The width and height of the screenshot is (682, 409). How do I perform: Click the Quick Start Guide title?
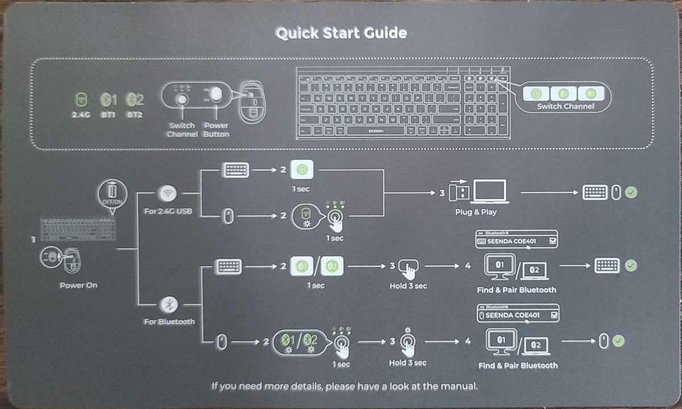click(341, 33)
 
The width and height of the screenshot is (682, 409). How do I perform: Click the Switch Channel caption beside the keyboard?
click(565, 106)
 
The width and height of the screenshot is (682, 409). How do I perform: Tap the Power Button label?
click(216, 130)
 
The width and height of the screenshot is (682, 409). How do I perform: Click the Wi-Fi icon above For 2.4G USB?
click(168, 193)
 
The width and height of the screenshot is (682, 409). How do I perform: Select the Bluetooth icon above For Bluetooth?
click(168, 305)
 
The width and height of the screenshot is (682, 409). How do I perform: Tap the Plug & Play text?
click(476, 212)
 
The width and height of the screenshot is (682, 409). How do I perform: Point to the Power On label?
click(78, 285)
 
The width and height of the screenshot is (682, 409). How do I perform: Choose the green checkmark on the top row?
click(630, 192)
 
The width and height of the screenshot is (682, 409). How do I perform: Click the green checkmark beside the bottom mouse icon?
click(618, 341)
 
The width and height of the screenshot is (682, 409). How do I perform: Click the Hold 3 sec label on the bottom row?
click(407, 362)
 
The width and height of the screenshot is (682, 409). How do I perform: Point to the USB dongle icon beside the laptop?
click(458, 192)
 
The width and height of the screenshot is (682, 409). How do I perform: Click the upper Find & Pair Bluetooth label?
click(516, 290)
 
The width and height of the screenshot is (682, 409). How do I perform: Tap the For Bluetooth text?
click(169, 322)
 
